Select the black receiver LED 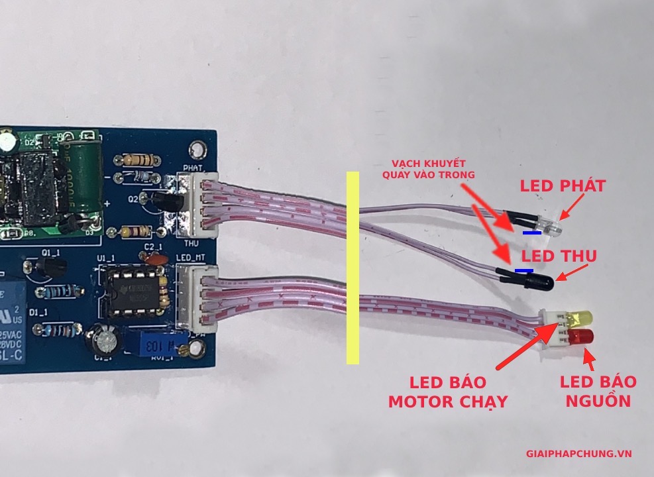(543, 282)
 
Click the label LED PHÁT (563, 186)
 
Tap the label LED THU (559, 256)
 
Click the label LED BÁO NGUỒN (598, 391)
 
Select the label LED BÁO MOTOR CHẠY (447, 392)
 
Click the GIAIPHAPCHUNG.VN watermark (578, 454)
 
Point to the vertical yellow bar (353, 268)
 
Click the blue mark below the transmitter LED (530, 233)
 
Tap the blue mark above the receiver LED (523, 270)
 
